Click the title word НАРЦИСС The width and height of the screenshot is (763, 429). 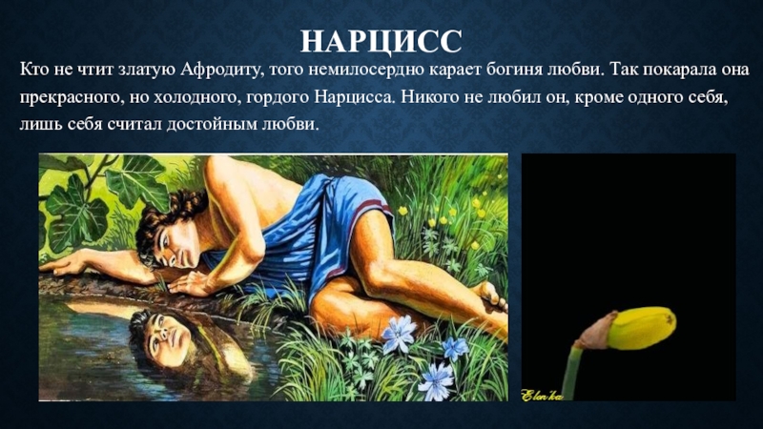click(381, 41)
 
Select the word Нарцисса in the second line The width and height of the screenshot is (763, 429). click(352, 97)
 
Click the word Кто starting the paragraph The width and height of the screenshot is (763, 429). click(32, 70)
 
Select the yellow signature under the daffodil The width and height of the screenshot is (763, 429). click(542, 395)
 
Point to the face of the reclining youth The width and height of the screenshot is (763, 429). click(179, 246)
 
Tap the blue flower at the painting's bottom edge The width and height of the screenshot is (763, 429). click(436, 382)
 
